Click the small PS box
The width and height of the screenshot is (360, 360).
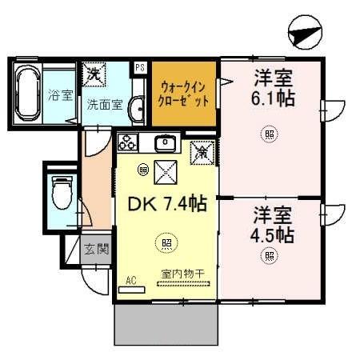tap(139, 68)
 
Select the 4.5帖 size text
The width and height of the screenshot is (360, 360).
tap(273, 236)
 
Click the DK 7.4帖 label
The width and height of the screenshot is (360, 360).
tap(168, 204)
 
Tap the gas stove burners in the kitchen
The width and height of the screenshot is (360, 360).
tap(128, 143)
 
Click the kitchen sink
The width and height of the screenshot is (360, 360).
tap(166, 144)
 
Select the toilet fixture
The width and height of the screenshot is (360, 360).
tap(62, 192)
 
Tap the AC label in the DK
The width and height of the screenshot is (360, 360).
tap(131, 280)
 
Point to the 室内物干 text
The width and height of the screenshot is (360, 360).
tap(182, 274)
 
